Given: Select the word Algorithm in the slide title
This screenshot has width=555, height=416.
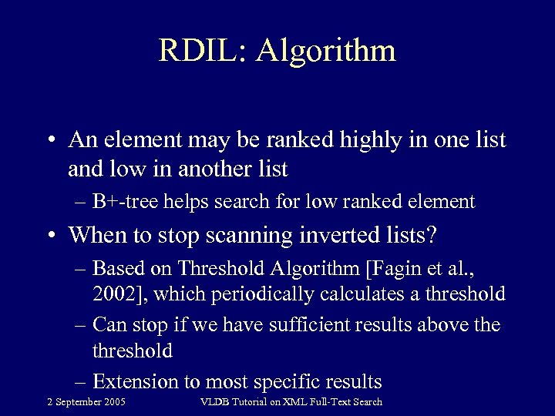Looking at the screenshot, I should click(327, 52).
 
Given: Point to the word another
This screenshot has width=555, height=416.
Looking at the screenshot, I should click(210, 168).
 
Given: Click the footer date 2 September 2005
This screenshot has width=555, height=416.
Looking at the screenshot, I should click(86, 402).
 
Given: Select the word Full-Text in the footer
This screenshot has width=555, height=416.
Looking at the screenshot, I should click(328, 402).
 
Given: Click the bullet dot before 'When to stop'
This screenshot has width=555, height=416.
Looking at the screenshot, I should click(49, 235).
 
